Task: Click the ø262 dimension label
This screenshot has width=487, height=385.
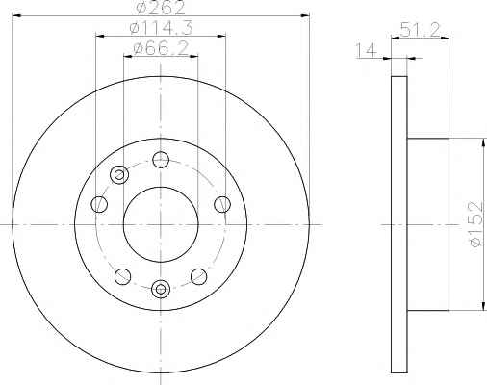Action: click(x=160, y=8)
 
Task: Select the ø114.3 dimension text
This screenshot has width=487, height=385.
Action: click(x=161, y=28)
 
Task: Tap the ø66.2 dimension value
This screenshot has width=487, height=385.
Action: click(x=160, y=49)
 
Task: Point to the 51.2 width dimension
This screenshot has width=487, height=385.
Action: click(x=420, y=31)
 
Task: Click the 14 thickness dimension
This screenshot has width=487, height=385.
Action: click(x=366, y=51)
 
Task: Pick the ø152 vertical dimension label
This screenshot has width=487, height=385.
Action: click(x=475, y=223)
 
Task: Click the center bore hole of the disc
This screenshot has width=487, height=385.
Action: click(x=161, y=224)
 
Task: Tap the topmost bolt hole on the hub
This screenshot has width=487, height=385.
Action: click(x=161, y=160)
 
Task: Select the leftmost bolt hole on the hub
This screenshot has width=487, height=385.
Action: click(x=99, y=204)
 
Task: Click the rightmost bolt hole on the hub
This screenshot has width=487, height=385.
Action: click(x=222, y=204)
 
